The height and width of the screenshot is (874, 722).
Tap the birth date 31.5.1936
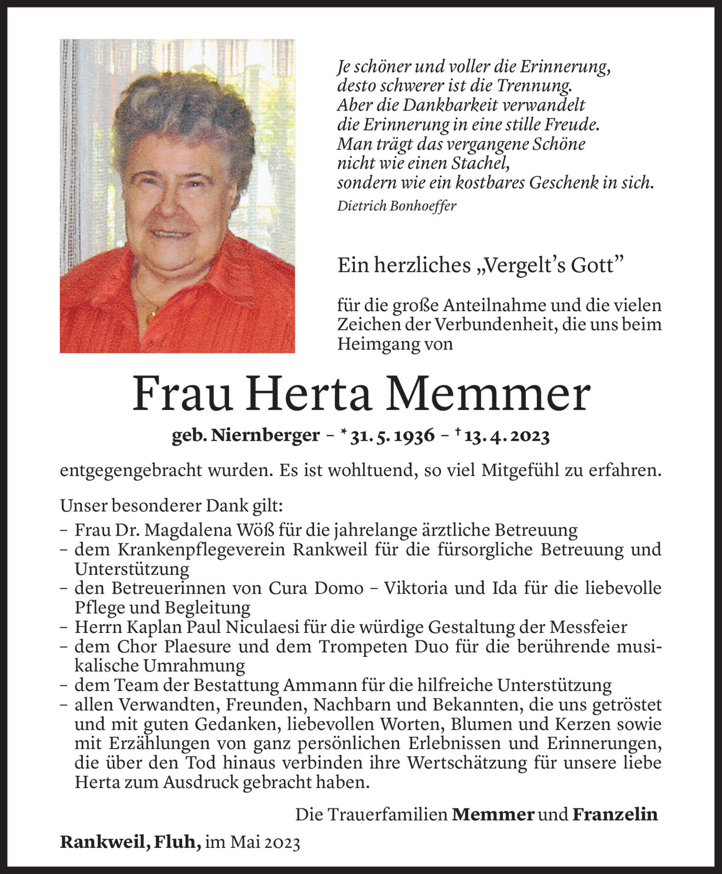[393, 436]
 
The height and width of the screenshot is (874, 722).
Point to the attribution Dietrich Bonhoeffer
[396, 206]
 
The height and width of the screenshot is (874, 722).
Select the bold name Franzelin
[615, 815]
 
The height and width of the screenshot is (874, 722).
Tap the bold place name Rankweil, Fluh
[130, 843]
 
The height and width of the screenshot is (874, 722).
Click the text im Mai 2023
[252, 843]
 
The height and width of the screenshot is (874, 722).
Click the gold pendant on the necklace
[151, 317]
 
